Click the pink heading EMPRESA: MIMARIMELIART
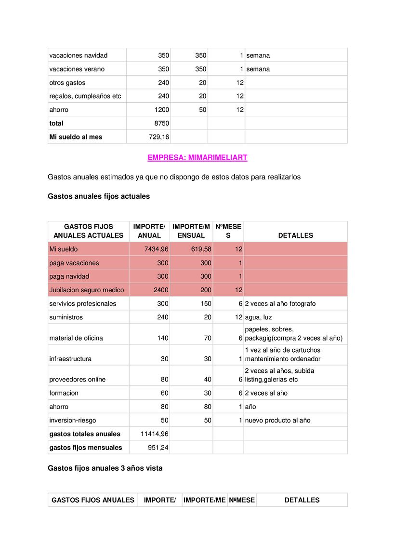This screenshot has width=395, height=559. (197, 158)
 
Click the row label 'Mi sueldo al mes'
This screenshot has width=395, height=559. (76, 137)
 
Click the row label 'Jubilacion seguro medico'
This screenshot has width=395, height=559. (87, 290)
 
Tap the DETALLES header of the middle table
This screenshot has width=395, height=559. (295, 235)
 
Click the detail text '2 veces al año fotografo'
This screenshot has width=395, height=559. (280, 304)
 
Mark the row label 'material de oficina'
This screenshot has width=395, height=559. (76, 338)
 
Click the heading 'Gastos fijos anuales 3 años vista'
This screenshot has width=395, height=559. (105, 468)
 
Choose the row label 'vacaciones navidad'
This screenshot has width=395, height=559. (79, 55)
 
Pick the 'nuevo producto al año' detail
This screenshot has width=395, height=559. (277, 421)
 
